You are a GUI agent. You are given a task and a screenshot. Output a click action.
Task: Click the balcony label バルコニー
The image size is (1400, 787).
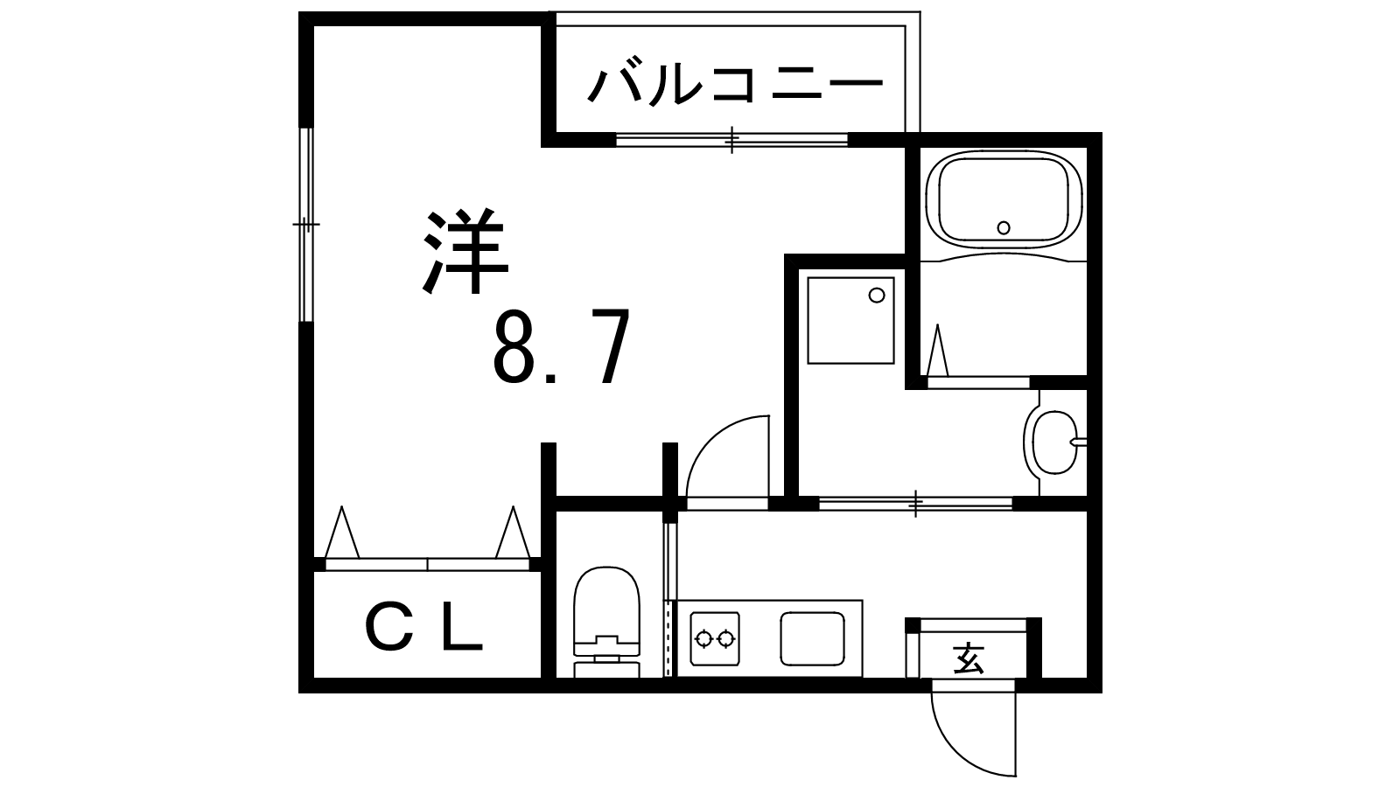click(736, 86)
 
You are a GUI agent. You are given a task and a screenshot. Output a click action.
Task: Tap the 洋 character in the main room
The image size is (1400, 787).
click(465, 251)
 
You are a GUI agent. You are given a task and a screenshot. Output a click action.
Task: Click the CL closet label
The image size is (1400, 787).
click(423, 630)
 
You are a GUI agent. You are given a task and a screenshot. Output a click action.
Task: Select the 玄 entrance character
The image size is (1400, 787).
click(969, 657)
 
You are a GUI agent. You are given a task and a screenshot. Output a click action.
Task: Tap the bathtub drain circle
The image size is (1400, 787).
click(1004, 227)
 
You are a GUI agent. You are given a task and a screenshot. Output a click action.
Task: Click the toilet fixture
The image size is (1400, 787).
click(606, 621)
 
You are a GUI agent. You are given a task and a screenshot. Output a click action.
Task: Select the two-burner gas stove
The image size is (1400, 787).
click(714, 639)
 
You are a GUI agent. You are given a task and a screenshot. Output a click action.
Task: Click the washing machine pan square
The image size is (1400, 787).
click(850, 320)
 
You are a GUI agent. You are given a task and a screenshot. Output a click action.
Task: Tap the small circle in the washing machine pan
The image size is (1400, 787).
click(876, 296)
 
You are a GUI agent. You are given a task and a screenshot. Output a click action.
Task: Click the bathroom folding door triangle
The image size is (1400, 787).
click(939, 352)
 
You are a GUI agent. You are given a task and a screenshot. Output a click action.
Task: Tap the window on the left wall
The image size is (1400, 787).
click(304, 226)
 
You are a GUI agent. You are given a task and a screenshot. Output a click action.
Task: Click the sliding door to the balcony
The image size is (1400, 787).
click(731, 138)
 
